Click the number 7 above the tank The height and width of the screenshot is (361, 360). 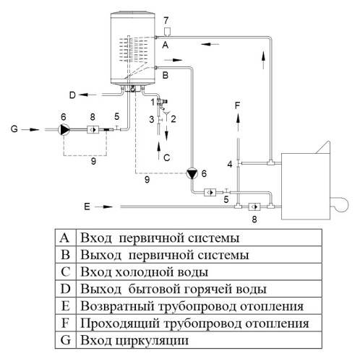(166, 17)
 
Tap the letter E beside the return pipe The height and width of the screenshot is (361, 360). (87, 206)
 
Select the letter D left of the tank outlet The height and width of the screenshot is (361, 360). (72, 94)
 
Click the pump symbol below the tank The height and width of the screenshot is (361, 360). (192, 174)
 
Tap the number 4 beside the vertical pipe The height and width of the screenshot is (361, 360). (230, 165)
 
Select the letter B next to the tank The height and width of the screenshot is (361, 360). (165, 75)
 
